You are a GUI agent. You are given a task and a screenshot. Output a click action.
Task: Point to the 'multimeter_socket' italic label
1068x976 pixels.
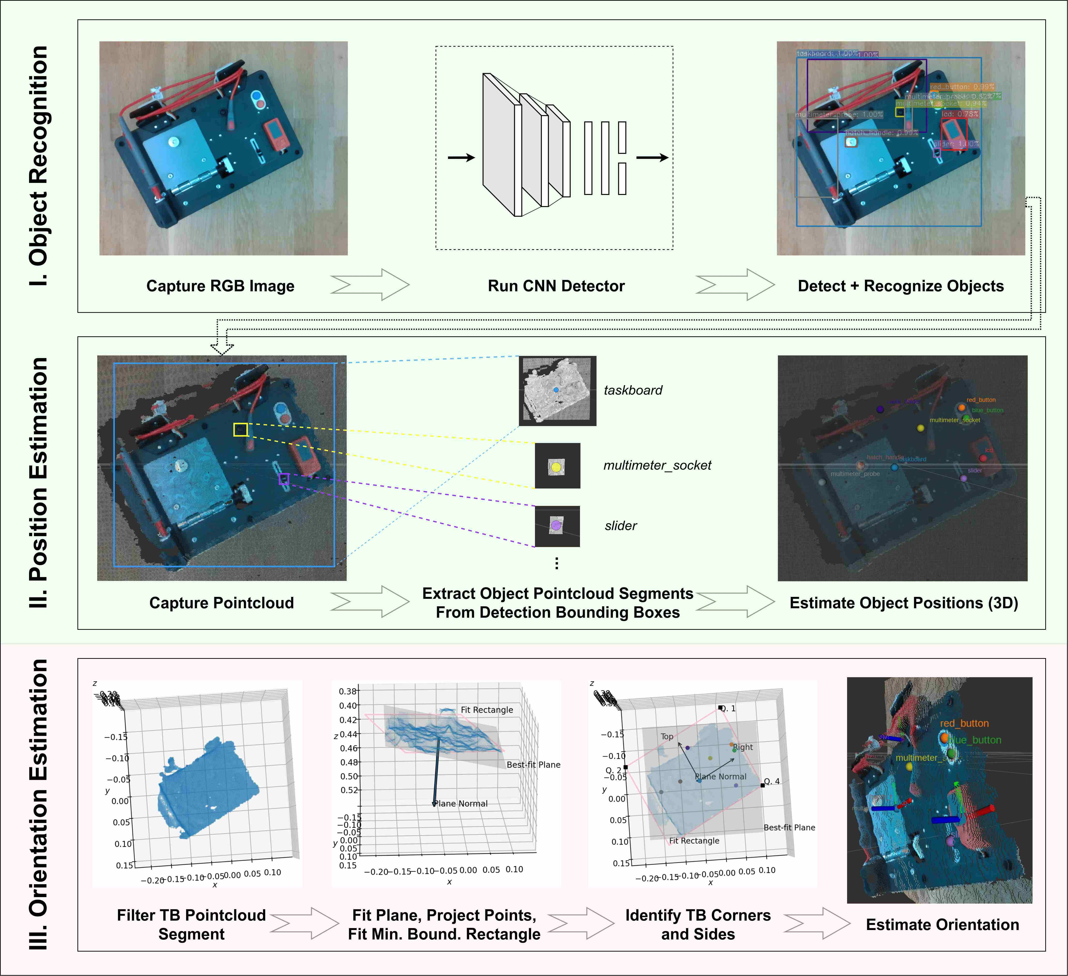pyautogui.click(x=657, y=465)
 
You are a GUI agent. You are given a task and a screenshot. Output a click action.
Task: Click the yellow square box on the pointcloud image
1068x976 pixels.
pyautogui.click(x=241, y=430)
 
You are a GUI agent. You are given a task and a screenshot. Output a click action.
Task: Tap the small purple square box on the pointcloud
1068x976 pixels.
pyautogui.click(x=284, y=479)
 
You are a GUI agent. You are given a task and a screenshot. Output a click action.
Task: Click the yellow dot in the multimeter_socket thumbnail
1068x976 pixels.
pyautogui.click(x=556, y=467)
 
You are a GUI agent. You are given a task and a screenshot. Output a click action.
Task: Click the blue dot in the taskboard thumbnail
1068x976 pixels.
pyautogui.click(x=556, y=390)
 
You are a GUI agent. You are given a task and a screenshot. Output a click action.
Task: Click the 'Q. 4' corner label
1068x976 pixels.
pyautogui.click(x=771, y=781)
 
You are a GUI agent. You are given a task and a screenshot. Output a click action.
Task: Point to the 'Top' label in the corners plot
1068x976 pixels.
pyautogui.click(x=667, y=736)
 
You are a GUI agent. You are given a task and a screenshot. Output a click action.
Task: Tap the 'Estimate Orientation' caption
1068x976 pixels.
pyautogui.click(x=942, y=925)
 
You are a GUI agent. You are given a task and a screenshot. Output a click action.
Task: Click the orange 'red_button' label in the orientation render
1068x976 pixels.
pyautogui.click(x=964, y=723)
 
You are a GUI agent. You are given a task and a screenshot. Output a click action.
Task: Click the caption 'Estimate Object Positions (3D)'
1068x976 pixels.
pyautogui.click(x=904, y=603)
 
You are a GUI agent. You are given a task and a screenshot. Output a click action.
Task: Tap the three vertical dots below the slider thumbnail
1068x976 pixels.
pyautogui.click(x=556, y=563)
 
